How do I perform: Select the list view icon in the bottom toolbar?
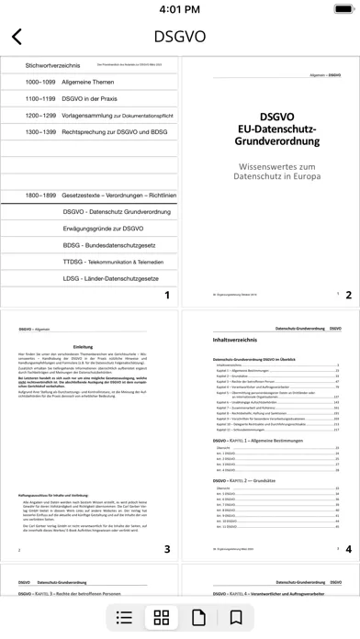tap(127, 617)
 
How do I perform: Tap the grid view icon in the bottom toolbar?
tap(162, 617)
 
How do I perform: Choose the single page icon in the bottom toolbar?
tap(197, 617)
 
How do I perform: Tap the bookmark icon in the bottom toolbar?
tap(235, 617)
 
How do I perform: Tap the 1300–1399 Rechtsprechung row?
tap(88, 132)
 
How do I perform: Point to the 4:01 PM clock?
tap(180, 10)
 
